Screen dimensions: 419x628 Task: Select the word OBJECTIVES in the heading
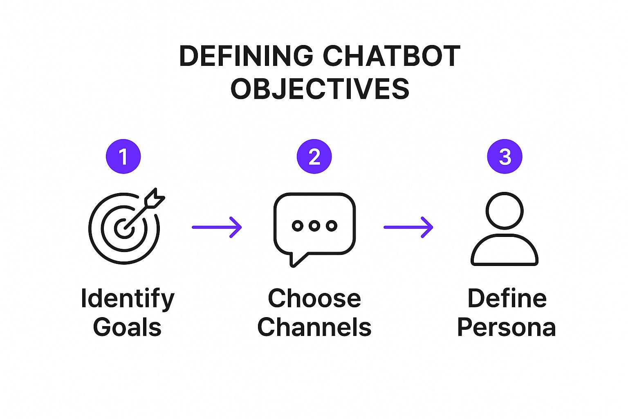[320, 89]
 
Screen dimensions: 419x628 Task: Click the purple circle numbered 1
[123, 157]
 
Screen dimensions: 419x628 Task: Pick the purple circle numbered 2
[314, 157]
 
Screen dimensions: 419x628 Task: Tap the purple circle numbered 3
[505, 157]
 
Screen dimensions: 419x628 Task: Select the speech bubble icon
[314, 228]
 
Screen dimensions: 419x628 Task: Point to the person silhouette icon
[505, 229]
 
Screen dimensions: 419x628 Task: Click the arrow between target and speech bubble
[217, 227]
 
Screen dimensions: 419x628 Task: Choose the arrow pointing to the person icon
[408, 227]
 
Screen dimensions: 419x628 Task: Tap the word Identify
[128, 299]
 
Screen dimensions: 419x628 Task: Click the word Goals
[127, 327]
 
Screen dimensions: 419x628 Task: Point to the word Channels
[314, 327]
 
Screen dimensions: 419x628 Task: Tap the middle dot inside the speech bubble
[314, 225]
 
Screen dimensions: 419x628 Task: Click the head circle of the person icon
[505, 211]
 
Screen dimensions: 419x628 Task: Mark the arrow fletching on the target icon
[155, 198]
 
